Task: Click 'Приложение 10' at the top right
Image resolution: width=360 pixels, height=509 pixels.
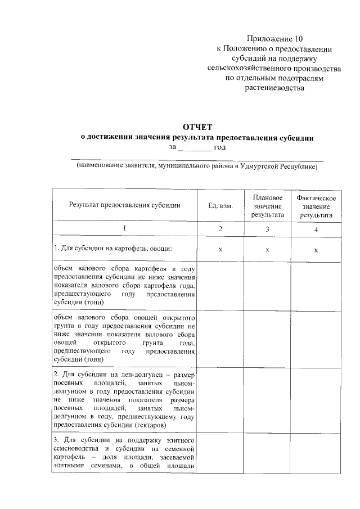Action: (274, 39)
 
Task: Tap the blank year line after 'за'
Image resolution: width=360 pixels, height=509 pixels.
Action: (195, 147)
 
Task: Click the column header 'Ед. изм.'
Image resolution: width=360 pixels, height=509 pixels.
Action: (220, 205)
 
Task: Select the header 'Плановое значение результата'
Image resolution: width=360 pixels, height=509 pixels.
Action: (268, 206)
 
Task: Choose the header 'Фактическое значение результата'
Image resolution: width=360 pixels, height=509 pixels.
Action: (316, 206)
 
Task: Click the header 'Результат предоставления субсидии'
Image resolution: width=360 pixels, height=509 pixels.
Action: (124, 205)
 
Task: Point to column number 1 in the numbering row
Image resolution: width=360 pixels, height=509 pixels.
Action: (124, 229)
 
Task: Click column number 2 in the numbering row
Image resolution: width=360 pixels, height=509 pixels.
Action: (220, 229)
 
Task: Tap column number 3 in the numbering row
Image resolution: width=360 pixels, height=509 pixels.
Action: (268, 229)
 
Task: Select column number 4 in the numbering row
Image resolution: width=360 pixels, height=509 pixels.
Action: (316, 229)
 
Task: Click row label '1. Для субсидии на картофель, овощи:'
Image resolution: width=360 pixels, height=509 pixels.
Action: (113, 248)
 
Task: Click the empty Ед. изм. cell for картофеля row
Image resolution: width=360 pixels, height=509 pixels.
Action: (220, 285)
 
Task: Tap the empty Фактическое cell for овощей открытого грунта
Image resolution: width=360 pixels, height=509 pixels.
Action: (316, 337)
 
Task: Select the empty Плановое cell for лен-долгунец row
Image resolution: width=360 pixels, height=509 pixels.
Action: (268, 398)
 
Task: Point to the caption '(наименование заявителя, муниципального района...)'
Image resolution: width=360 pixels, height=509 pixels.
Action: (197, 166)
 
